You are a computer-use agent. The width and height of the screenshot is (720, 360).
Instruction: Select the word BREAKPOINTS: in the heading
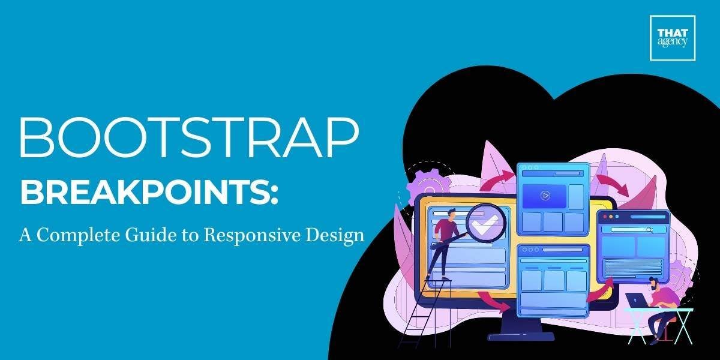coord(149,193)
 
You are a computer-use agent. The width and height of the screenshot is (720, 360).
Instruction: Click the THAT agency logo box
coord(672,38)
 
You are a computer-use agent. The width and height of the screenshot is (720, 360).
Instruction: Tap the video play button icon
coord(545,195)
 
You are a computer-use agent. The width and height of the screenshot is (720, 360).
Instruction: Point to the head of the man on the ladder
coord(451,214)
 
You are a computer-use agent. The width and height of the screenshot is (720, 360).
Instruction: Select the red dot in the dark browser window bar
coord(604,216)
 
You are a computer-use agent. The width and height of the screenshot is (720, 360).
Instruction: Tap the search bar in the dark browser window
coord(630,229)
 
